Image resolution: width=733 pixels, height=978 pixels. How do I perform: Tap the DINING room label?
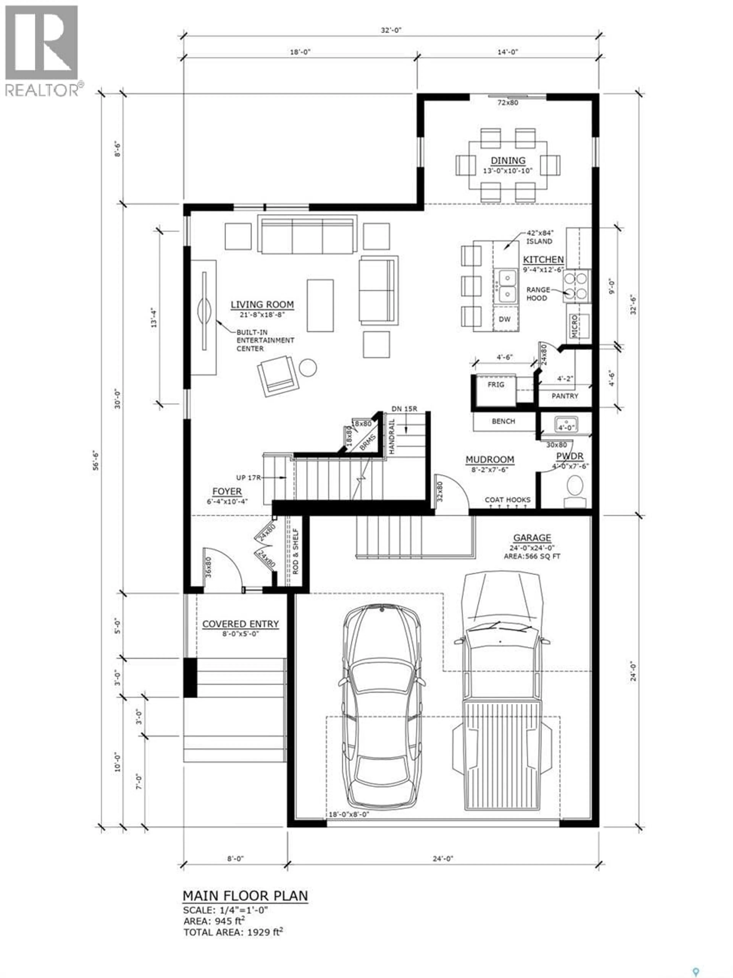(508, 160)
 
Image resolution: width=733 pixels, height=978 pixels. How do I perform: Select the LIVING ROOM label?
(262, 304)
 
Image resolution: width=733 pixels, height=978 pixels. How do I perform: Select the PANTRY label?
(565, 396)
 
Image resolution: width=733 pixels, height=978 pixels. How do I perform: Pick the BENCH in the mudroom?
(503, 421)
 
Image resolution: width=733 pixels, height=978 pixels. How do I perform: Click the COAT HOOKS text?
(507, 500)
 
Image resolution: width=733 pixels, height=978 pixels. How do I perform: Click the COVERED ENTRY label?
(240, 624)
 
